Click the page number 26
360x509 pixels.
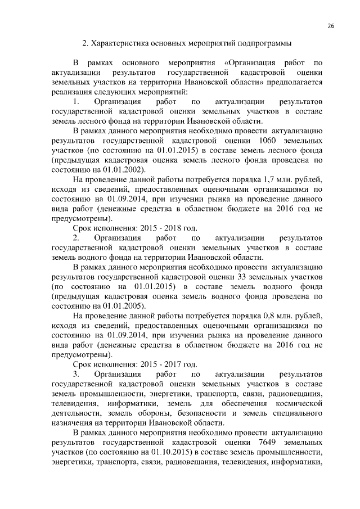tap(331, 26)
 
